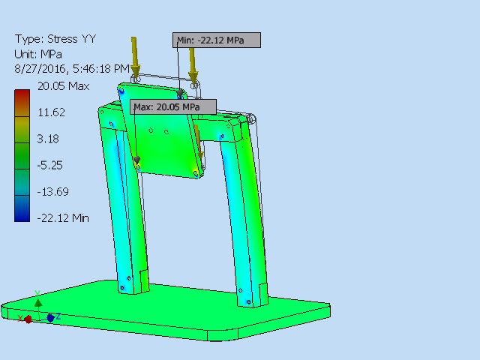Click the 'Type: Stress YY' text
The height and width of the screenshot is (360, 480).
pos(55,39)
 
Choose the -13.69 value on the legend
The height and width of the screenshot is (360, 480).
pos(52,191)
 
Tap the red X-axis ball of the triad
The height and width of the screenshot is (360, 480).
pos(28,319)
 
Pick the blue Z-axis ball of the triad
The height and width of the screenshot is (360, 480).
pos(50,318)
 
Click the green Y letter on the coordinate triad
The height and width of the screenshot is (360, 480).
pos(38,294)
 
